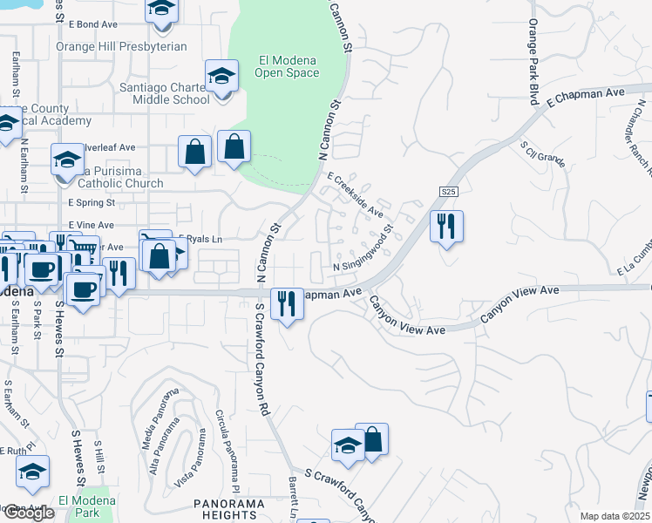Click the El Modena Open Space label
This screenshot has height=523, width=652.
[287, 66]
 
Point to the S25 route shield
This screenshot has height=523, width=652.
[448, 192]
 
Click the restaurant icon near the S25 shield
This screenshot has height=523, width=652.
[446, 227]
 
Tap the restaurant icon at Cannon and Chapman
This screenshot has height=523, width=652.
[287, 304]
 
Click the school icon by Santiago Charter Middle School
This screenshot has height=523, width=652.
[222, 75]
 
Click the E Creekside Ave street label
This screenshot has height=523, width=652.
[355, 194]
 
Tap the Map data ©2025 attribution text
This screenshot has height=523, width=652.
[615, 516]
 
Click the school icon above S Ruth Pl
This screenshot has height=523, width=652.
[33, 472]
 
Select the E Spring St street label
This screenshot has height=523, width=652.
[92, 203]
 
